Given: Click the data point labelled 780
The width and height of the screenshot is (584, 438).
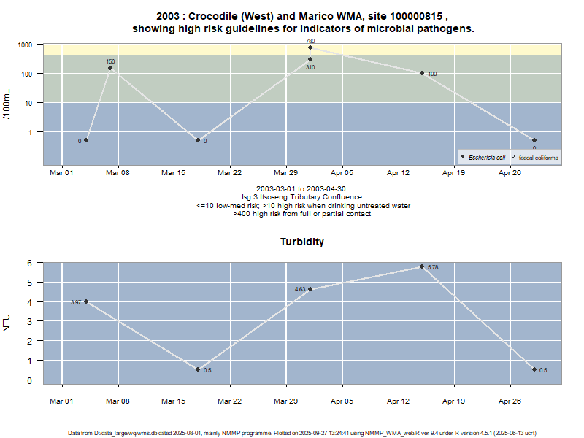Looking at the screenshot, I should [310, 47].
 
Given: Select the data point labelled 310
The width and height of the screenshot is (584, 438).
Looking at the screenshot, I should [310, 59].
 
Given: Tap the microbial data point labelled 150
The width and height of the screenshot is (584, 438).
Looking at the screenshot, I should [110, 68].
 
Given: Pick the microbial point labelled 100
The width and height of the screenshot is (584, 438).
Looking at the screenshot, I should [422, 73].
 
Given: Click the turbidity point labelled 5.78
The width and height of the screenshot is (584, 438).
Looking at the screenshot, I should [422, 266].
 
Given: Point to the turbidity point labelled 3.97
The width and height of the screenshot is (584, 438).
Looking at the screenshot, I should [86, 301].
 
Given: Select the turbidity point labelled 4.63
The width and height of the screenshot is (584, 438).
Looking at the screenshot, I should [310, 289].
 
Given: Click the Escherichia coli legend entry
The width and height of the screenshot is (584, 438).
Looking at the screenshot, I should [484, 157].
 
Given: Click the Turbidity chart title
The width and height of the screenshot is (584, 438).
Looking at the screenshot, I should [302, 241].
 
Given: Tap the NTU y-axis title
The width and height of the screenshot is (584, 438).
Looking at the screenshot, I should [7, 322].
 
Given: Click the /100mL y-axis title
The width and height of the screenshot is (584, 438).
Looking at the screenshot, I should [7, 104].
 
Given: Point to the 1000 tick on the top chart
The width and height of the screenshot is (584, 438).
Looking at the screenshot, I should [26, 45].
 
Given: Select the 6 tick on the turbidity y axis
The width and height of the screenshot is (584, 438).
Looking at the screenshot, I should [31, 263].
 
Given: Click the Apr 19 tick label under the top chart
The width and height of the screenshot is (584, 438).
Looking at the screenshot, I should [454, 173].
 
